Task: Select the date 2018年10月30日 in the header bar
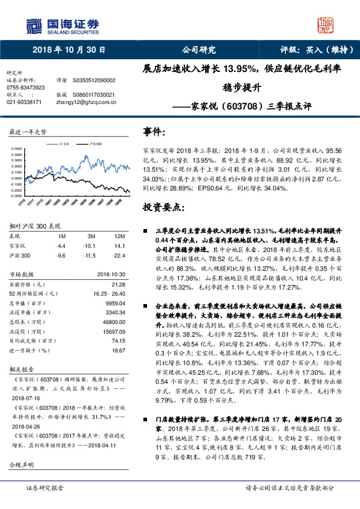pyautogui.click(x=69, y=51)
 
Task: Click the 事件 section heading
pyautogui.click(x=154, y=132)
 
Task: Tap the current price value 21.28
pyautogui.click(x=118, y=284)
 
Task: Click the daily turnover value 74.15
pyautogui.click(x=118, y=341)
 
